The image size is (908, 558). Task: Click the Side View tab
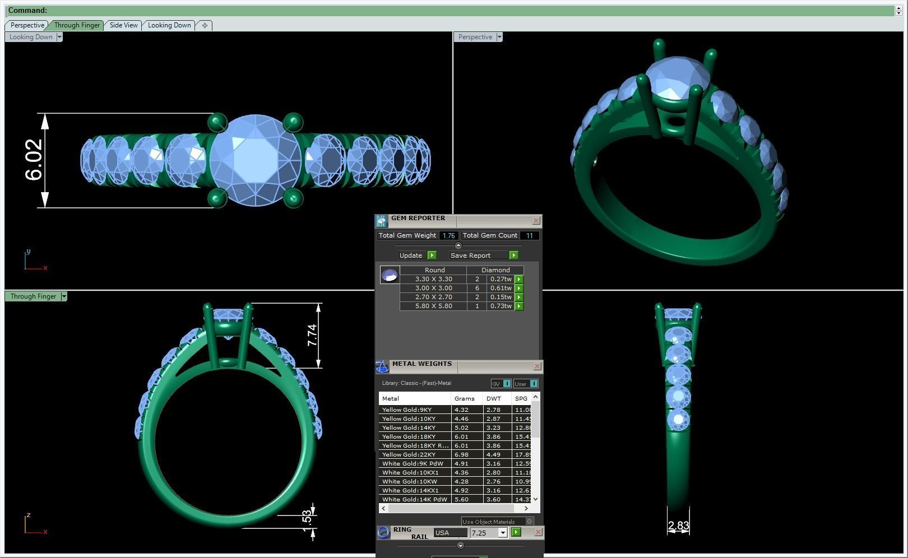(123, 25)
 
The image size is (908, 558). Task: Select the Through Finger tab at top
(77, 25)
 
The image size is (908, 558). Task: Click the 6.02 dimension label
(34, 160)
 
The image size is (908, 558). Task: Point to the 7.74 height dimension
(312, 335)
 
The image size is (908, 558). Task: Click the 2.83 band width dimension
(678, 526)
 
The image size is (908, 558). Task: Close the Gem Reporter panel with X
(536, 221)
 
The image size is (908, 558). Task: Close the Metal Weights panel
(537, 366)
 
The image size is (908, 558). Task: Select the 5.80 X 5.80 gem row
(433, 306)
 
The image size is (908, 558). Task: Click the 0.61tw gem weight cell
(500, 288)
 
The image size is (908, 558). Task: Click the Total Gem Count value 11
(529, 236)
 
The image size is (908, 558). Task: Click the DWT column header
(494, 398)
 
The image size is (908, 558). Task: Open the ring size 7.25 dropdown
(503, 533)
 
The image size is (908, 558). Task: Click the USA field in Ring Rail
(450, 533)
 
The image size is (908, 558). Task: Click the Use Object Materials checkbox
(529, 522)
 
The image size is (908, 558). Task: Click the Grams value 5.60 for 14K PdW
(461, 499)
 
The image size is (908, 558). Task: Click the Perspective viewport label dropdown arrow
(499, 37)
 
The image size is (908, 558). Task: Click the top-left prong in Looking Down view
(217, 122)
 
